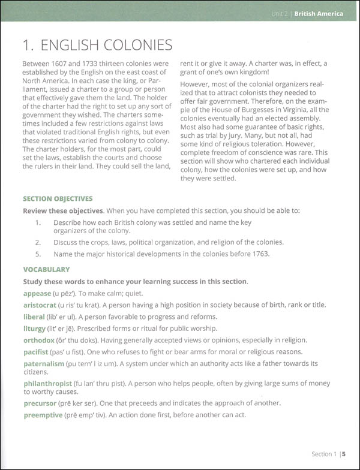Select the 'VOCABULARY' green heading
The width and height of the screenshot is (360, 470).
[x=46, y=270]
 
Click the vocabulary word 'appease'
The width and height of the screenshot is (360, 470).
[x=38, y=293]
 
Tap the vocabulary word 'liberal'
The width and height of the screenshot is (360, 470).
[x=35, y=316]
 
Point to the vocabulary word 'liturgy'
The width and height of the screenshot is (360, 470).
[x=34, y=328]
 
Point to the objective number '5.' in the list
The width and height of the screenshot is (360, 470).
[x=38, y=254]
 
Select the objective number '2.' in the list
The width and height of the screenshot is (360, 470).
[x=38, y=242]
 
